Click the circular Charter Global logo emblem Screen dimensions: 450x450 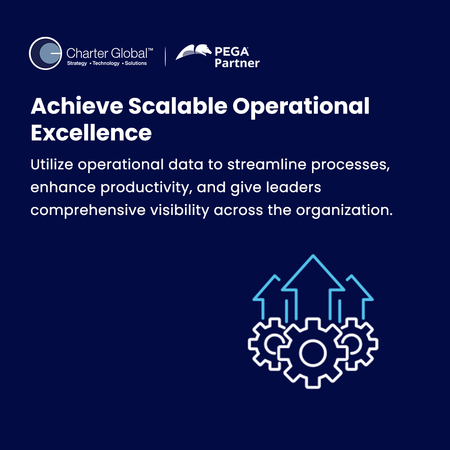click(x=45, y=53)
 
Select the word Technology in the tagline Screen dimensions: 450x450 click(x=106, y=63)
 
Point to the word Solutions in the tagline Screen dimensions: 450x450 click(x=136, y=63)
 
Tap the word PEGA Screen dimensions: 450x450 click(x=232, y=51)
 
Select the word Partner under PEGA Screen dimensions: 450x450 click(x=237, y=63)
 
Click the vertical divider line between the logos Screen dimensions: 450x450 click(x=165, y=57)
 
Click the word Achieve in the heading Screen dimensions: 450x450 click(x=77, y=106)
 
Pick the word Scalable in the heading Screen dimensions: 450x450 click(x=178, y=106)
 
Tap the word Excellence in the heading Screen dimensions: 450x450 click(x=91, y=132)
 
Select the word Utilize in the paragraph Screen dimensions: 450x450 click(x=51, y=164)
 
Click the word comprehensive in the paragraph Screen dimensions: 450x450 click(x=88, y=210)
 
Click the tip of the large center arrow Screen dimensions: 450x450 click(x=313, y=255)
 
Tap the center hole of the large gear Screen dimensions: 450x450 click(x=313, y=353)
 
